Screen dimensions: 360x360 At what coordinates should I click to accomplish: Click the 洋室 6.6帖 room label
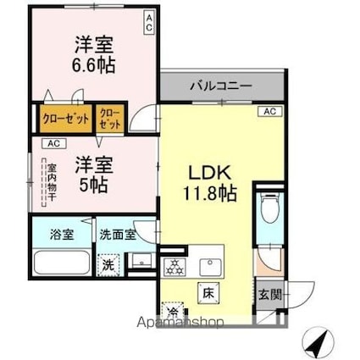click(x=95, y=53)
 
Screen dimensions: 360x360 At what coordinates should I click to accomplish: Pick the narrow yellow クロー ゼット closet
click(x=110, y=119)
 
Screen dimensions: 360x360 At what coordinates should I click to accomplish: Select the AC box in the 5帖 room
click(x=53, y=142)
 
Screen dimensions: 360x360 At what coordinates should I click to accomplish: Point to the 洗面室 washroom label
click(x=117, y=234)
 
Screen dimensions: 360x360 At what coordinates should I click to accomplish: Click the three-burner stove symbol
click(x=175, y=266)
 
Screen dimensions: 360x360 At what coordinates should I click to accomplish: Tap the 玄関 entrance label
click(x=269, y=294)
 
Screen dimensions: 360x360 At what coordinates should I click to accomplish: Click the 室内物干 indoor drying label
click(x=52, y=182)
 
